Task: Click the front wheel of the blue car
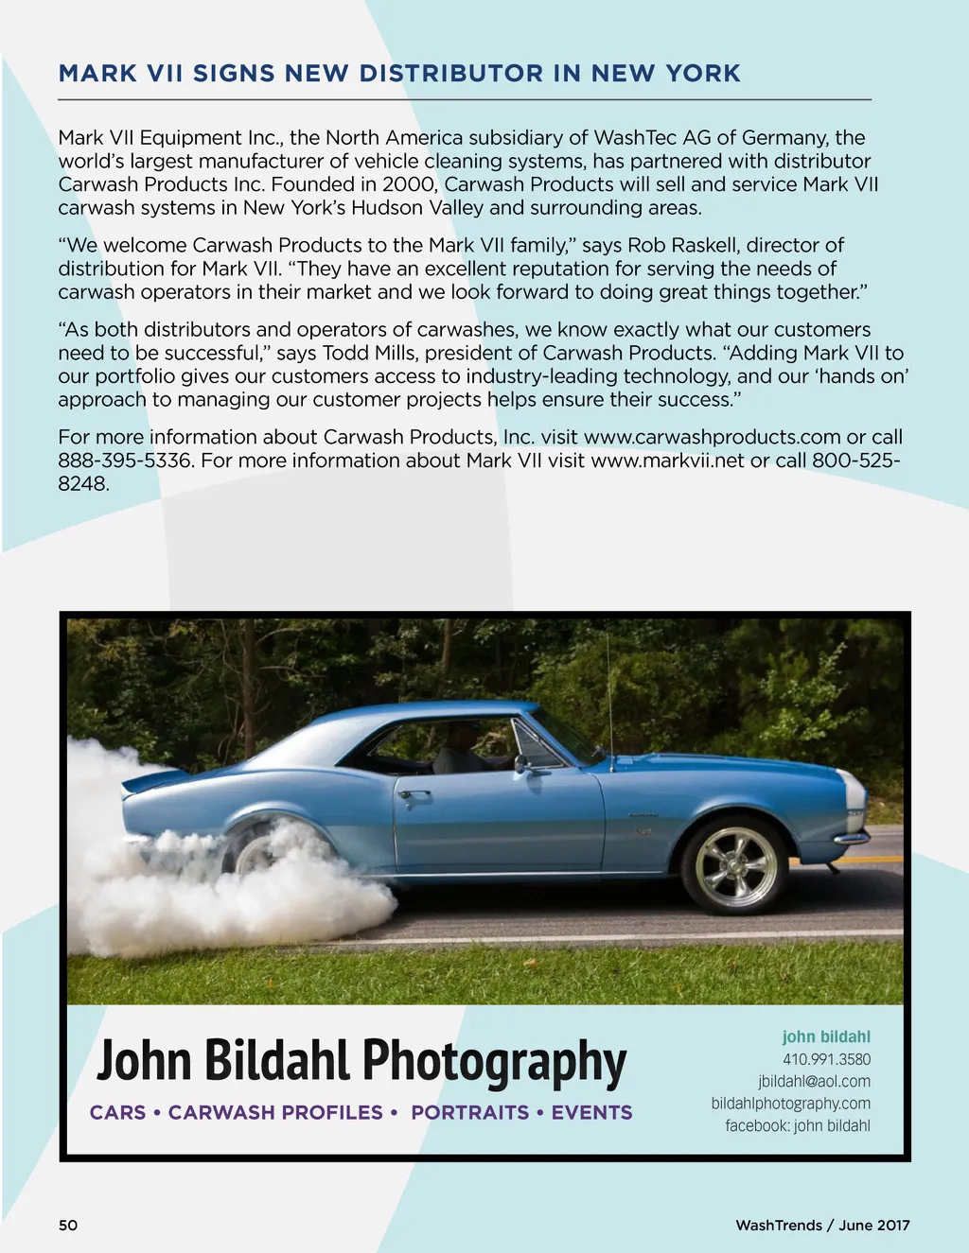(x=735, y=865)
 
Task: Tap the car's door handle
(x=414, y=795)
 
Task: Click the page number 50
(x=68, y=1225)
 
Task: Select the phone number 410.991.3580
(x=826, y=1059)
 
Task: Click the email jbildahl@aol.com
(x=814, y=1081)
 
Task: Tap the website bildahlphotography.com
(x=790, y=1103)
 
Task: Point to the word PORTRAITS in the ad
(x=469, y=1112)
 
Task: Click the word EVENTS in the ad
(x=591, y=1112)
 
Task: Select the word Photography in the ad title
(x=494, y=1061)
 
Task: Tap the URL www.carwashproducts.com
(x=712, y=437)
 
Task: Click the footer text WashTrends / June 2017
(x=822, y=1225)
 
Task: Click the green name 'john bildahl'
(x=825, y=1036)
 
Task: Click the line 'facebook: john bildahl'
(x=798, y=1125)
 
